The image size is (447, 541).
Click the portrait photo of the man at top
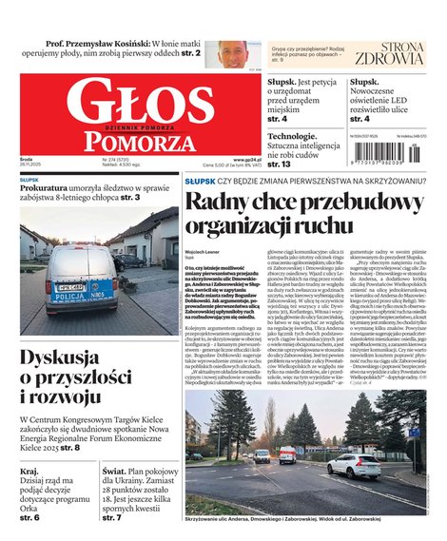coord(231,53)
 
